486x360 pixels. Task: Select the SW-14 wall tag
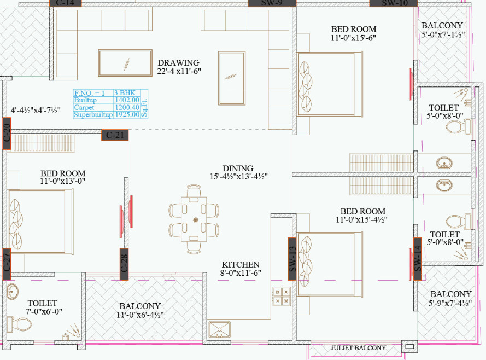point(418,258)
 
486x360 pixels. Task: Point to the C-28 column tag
point(124,264)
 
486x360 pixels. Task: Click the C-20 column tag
point(7,136)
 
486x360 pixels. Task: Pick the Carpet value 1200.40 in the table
point(127,108)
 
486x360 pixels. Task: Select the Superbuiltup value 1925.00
point(127,115)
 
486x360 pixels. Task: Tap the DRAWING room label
point(178,63)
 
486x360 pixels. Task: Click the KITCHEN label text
point(240,264)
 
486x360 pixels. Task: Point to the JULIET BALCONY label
point(358,348)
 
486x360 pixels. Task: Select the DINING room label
point(238,169)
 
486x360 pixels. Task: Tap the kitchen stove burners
point(283,296)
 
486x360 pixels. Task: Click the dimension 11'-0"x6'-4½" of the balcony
point(140,315)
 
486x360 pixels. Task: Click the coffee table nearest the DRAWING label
point(125,63)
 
